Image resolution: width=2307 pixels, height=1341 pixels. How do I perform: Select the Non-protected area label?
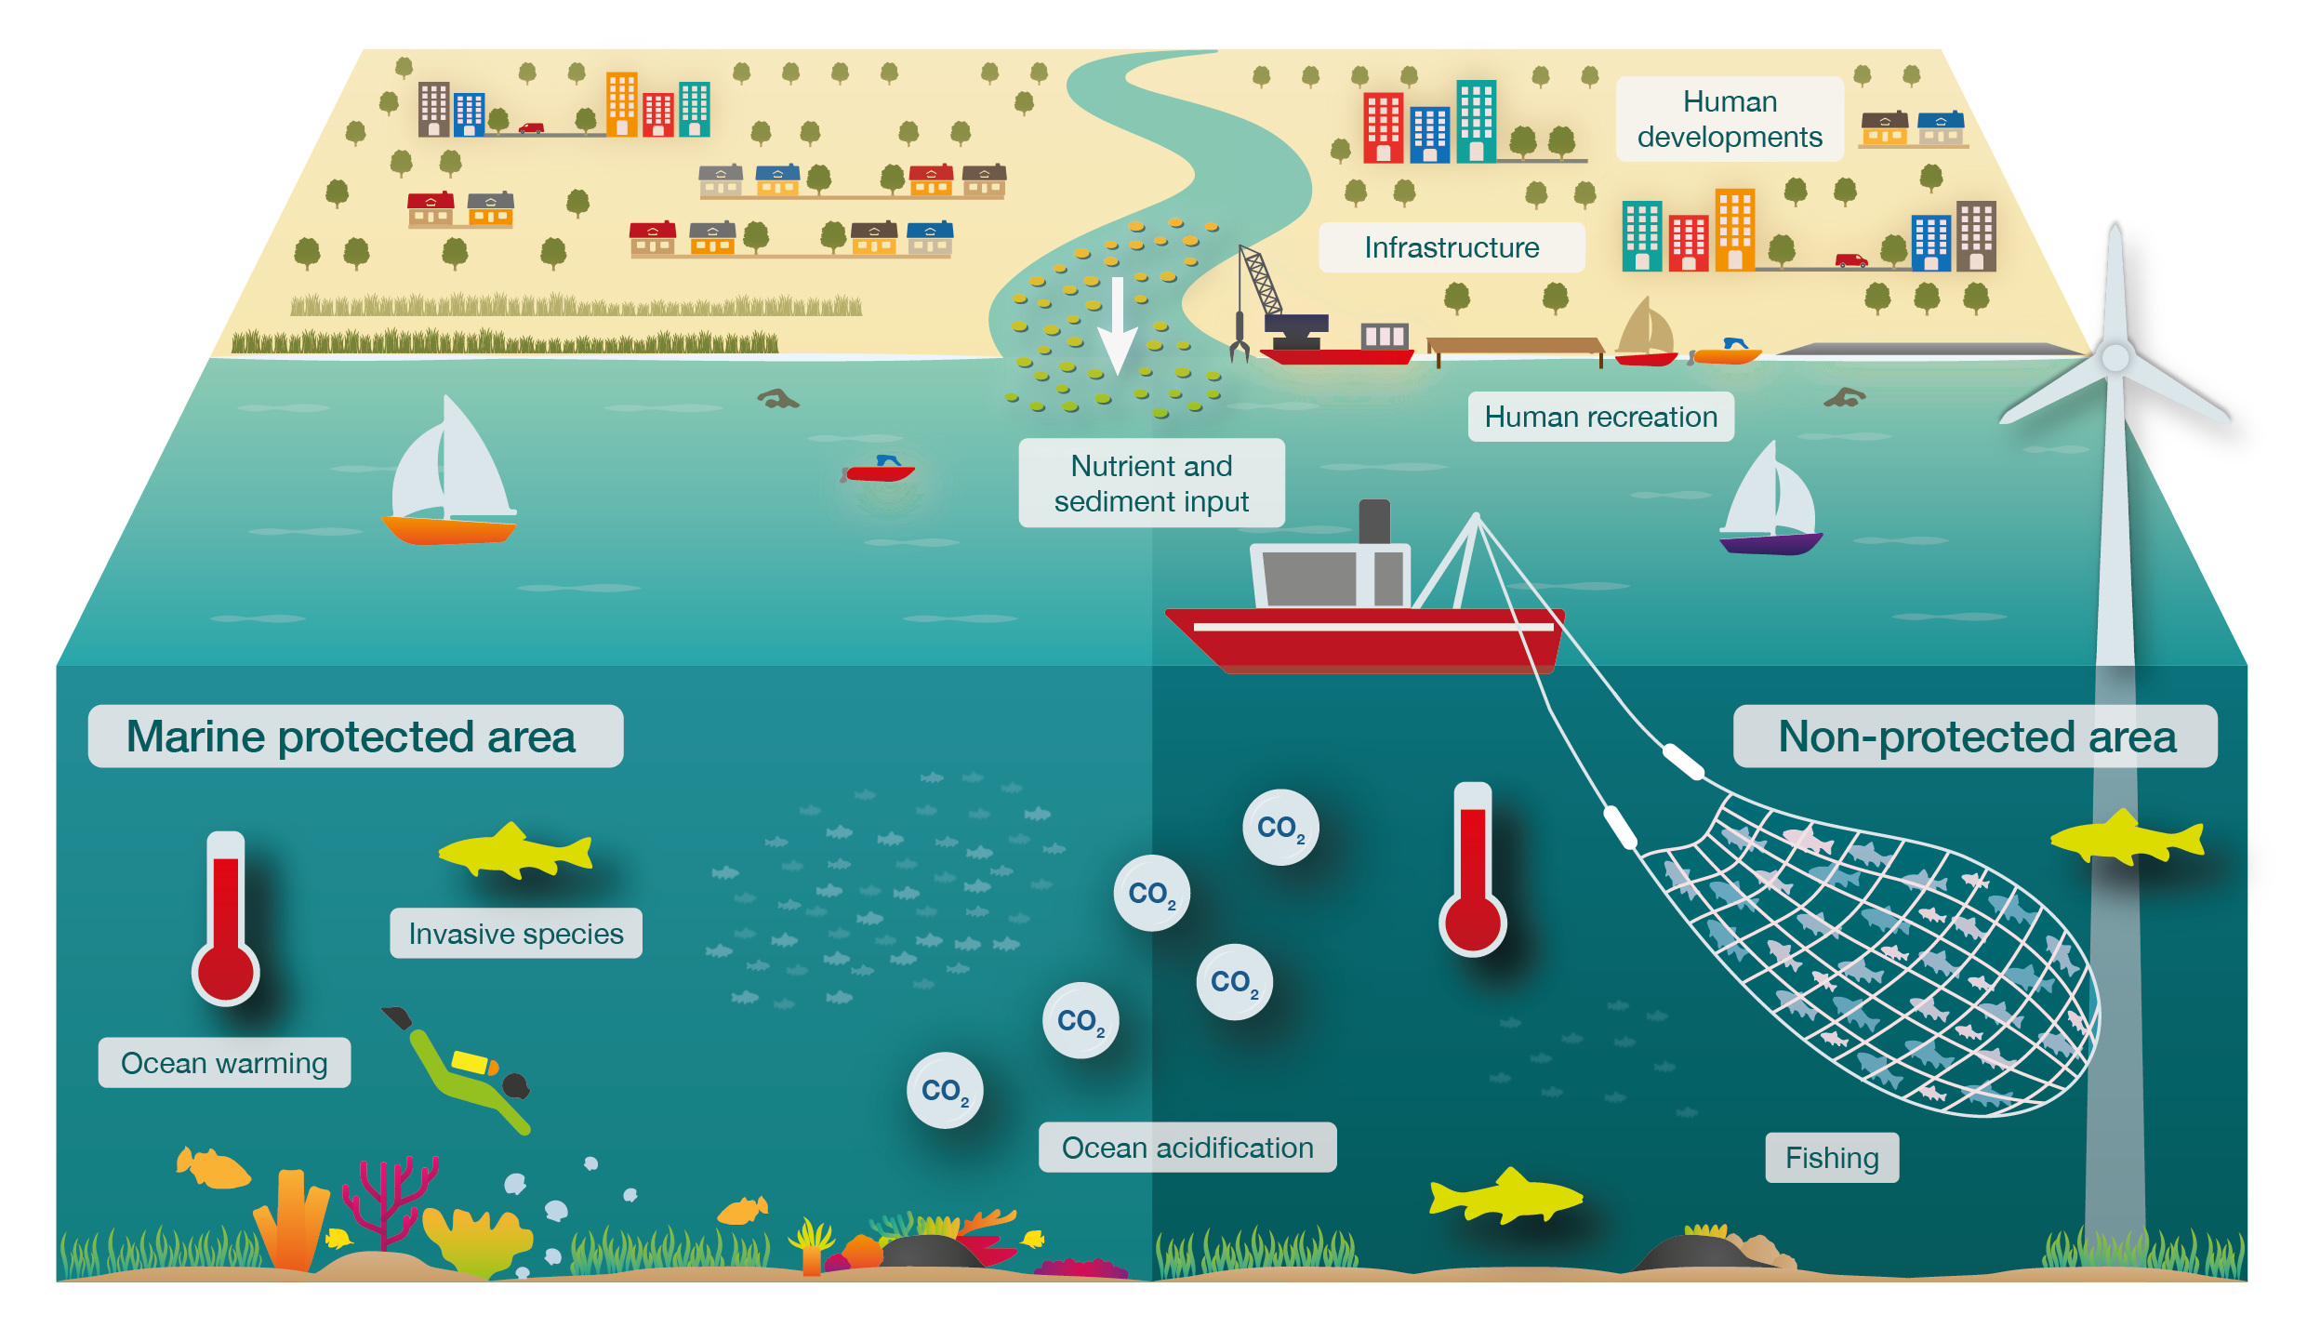[1975, 737]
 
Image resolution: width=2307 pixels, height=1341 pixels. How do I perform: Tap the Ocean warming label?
[224, 1063]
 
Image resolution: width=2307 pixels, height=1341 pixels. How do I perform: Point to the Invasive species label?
[516, 934]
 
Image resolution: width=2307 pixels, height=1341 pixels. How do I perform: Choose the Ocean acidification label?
[1187, 1148]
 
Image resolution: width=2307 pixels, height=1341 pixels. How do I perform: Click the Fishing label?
[1832, 1158]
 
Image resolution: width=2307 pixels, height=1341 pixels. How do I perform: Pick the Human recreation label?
[1600, 417]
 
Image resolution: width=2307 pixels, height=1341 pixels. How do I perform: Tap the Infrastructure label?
[1452, 247]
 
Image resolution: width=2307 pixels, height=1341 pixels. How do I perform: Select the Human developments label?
[1730, 119]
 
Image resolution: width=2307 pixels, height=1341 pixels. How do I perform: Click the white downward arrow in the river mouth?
[1117, 325]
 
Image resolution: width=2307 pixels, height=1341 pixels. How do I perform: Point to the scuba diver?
[460, 1069]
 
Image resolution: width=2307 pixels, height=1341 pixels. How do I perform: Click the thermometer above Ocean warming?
[226, 921]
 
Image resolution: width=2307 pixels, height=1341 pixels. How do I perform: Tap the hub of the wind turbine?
[2115, 358]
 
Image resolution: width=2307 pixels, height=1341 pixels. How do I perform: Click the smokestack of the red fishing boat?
[1374, 521]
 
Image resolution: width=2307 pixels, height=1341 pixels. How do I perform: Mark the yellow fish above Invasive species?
[516, 851]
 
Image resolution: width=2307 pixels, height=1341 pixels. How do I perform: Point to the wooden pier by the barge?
[1516, 346]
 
